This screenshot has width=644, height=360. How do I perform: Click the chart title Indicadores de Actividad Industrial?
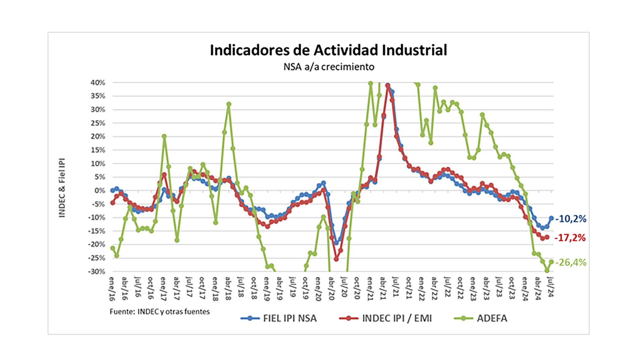point(328,50)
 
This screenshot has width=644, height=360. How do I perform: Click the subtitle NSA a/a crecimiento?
point(329,67)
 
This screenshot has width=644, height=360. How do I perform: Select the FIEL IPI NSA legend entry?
point(279,318)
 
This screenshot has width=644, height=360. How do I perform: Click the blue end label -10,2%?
point(571,219)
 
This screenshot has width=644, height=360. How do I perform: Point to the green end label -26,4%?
point(571,263)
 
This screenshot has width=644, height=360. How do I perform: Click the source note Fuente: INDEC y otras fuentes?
point(160,312)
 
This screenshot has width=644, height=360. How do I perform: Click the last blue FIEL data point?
point(551,218)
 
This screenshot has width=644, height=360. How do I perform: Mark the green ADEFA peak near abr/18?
point(229,104)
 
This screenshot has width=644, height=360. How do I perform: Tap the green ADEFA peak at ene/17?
point(164,136)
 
